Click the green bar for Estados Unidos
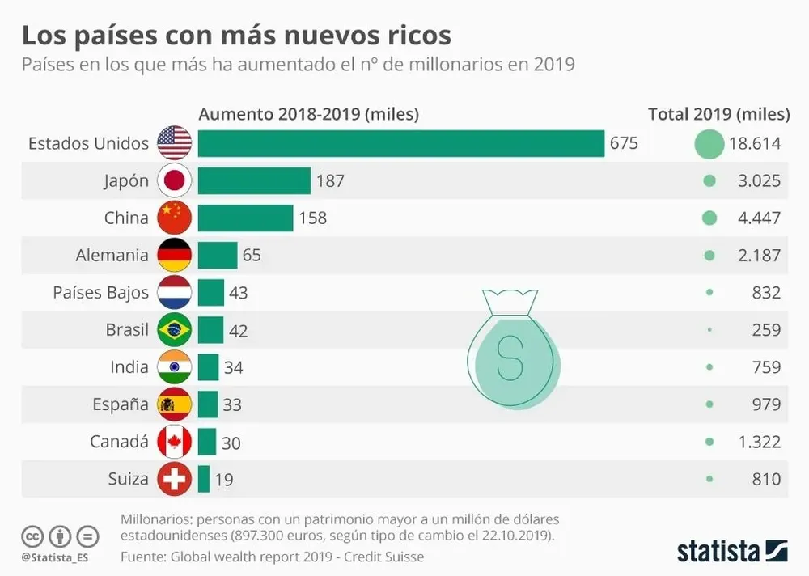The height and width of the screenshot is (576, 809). tap(400, 143)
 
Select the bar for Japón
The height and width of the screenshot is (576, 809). tap(254, 180)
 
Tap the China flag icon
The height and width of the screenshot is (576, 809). tap(174, 218)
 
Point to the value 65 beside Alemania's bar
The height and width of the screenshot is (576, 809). tap(252, 256)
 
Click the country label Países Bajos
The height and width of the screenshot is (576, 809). tap(101, 292)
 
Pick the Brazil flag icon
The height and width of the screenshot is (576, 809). tap(174, 330)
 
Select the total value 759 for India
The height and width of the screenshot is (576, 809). tap(765, 367)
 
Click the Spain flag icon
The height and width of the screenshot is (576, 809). tap(174, 404)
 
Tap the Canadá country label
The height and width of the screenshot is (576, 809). tap(119, 442)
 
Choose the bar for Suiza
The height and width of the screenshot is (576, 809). tap(204, 479)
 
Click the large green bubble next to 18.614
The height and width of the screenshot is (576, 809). tap(709, 144)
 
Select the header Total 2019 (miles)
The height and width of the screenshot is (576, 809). tap(718, 114)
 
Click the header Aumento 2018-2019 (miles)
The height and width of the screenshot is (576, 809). tap(308, 114)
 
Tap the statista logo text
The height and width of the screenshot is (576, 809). tap(718, 551)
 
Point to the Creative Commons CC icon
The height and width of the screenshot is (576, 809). tap(32, 536)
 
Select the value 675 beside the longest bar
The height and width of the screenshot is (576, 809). tap(624, 143)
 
